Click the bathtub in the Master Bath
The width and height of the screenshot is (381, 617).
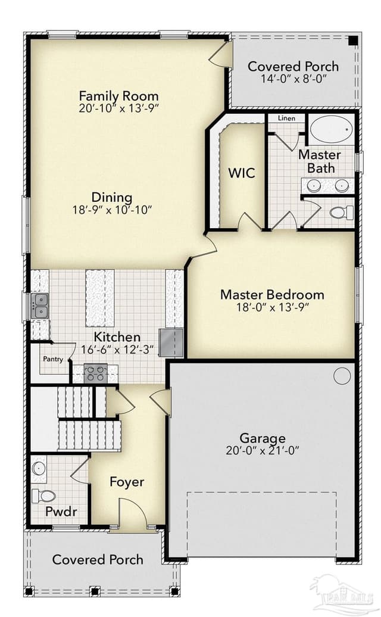(331, 128)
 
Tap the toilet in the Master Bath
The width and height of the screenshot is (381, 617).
(341, 213)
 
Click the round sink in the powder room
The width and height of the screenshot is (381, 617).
(39, 468)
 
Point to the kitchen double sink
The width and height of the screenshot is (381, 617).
(40, 306)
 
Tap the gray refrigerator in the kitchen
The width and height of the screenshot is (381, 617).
(171, 342)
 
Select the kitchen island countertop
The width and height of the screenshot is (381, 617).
(100, 298)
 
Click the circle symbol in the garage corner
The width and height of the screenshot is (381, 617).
(342, 376)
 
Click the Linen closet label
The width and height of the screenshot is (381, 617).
(286, 118)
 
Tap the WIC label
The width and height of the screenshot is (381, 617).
(242, 173)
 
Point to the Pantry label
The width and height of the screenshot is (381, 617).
(53, 359)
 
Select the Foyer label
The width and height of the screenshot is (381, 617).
(127, 482)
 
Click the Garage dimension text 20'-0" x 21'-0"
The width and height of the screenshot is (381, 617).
(263, 450)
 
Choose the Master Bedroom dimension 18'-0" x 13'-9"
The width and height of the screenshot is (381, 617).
(273, 307)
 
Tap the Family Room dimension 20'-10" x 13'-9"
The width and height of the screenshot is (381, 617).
(118, 108)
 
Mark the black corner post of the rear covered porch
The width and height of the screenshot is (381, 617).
(353, 40)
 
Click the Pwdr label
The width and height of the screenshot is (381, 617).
(61, 512)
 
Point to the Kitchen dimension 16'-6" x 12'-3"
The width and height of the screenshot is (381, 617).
(117, 350)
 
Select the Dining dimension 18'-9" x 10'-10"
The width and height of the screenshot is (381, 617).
(112, 210)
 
